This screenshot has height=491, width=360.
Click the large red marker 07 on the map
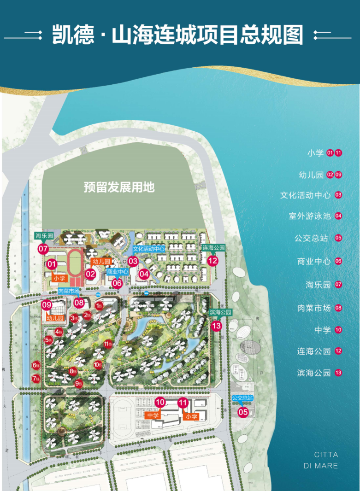(43, 249)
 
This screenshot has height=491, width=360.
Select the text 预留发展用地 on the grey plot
(119, 187)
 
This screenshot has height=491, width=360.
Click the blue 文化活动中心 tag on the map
(149, 249)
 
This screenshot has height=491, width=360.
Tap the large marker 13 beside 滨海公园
(216, 325)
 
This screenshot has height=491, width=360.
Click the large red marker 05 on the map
(243, 412)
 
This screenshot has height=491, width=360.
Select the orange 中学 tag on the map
(153, 415)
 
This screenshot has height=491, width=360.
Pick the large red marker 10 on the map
(160, 402)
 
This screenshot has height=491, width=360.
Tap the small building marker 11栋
(108, 344)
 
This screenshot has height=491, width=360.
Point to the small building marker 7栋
(36, 379)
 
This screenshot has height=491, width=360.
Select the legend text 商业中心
(314, 261)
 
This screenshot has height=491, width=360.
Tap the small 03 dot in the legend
(338, 195)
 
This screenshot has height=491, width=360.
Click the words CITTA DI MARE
(326, 460)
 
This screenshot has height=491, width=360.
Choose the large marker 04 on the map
(144, 274)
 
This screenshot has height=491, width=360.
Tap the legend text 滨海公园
(314, 373)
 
